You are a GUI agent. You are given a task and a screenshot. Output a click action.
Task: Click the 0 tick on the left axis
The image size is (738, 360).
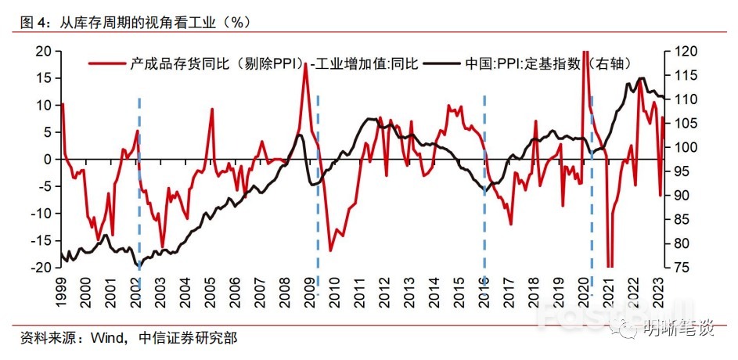(x=48, y=159)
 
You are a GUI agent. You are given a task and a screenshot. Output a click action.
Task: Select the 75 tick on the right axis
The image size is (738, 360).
(x=678, y=267)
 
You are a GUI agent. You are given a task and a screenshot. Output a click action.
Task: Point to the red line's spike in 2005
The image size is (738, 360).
(x=212, y=110)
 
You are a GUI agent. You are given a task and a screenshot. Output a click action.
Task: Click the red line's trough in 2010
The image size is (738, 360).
(x=330, y=250)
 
